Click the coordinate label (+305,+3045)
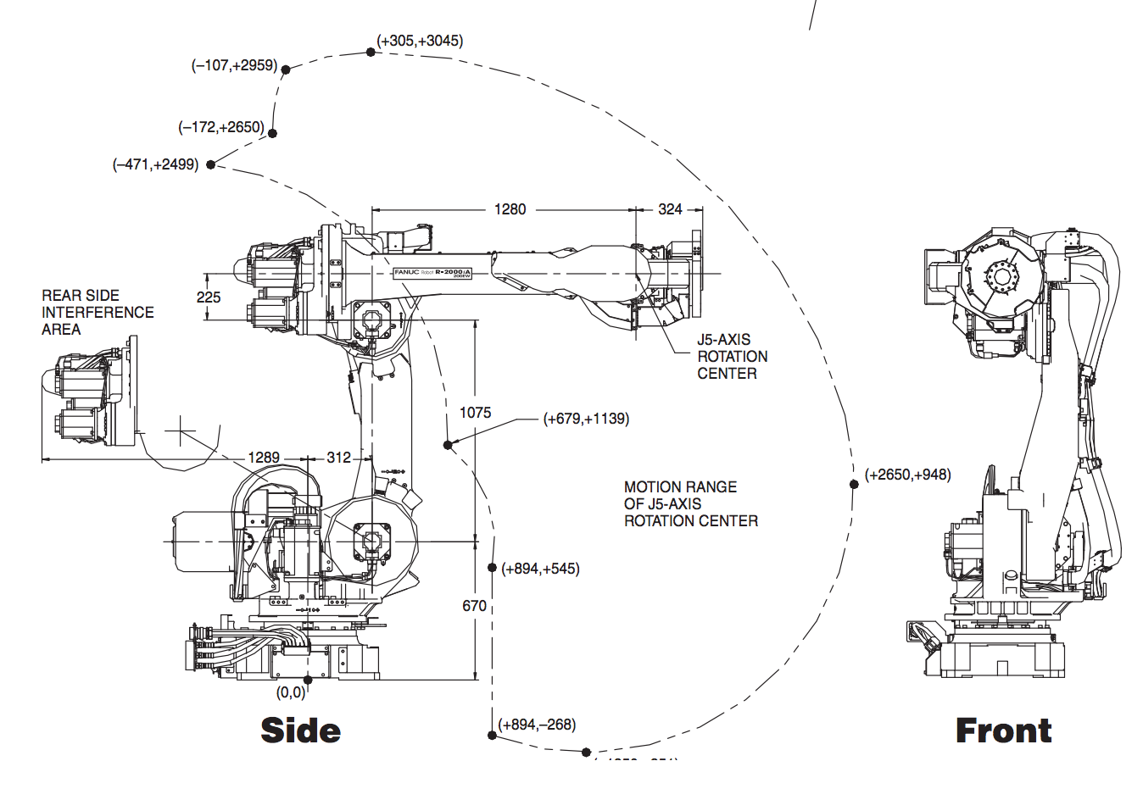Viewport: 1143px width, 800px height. click(x=421, y=41)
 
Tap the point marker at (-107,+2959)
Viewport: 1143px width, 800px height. click(x=286, y=69)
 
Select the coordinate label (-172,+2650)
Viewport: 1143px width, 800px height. click(x=221, y=127)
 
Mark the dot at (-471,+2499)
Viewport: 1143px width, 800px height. click(x=211, y=164)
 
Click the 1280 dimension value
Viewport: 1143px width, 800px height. click(x=510, y=209)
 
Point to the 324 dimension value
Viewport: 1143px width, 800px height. click(x=670, y=209)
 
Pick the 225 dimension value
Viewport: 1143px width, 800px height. click(x=209, y=297)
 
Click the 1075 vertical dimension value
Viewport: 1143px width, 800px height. click(x=475, y=413)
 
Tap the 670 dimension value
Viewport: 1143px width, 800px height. click(x=474, y=606)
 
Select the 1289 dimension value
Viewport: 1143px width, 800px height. click(x=264, y=458)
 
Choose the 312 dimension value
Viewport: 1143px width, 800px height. click(x=338, y=458)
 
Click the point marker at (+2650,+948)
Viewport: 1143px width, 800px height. click(x=854, y=484)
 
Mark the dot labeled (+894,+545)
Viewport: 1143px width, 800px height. click(x=492, y=568)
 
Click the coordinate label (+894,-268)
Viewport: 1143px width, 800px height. click(x=538, y=725)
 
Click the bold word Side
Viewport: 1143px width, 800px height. click(x=301, y=731)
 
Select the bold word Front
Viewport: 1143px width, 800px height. click(x=1003, y=731)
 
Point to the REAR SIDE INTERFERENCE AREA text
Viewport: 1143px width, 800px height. click(x=98, y=312)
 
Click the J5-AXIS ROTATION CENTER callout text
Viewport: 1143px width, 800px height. click(x=732, y=356)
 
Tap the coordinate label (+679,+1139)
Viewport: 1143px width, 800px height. click(x=586, y=419)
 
